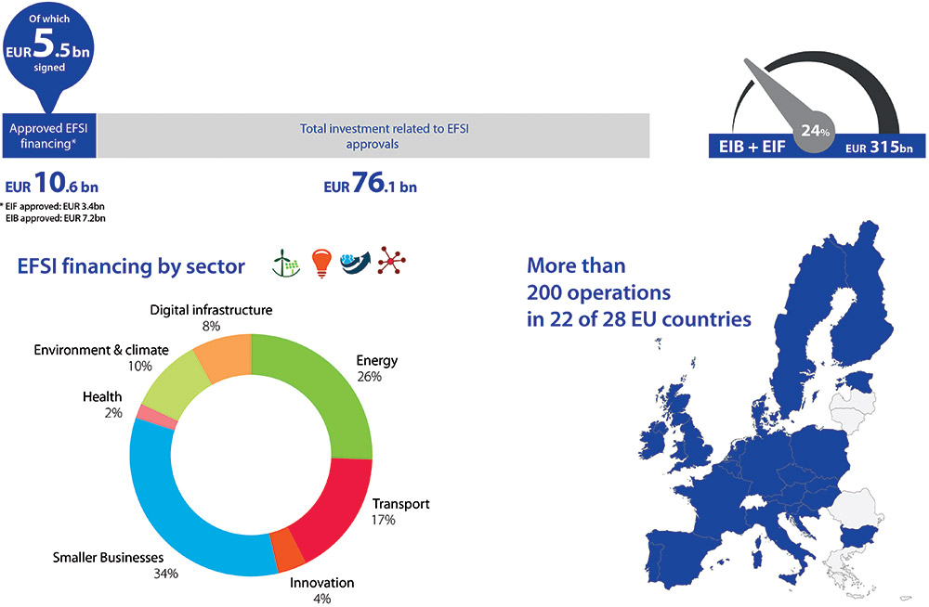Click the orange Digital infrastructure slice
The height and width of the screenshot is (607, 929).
[225, 355]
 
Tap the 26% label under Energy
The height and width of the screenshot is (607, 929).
[369, 377]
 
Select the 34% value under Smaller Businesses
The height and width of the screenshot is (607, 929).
[165, 574]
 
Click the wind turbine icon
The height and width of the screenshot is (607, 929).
[286, 263]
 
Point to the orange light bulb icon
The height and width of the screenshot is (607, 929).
[321, 264]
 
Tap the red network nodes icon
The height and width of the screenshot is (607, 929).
[392, 261]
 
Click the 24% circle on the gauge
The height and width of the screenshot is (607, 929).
[816, 131]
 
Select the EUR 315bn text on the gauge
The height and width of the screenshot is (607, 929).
[879, 147]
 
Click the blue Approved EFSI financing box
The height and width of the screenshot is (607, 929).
[49, 136]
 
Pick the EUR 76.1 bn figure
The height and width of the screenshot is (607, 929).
[371, 183]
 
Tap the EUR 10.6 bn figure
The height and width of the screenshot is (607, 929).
[51, 183]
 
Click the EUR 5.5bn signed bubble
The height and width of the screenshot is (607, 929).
[48, 50]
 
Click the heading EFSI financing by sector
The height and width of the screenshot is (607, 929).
[131, 266]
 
